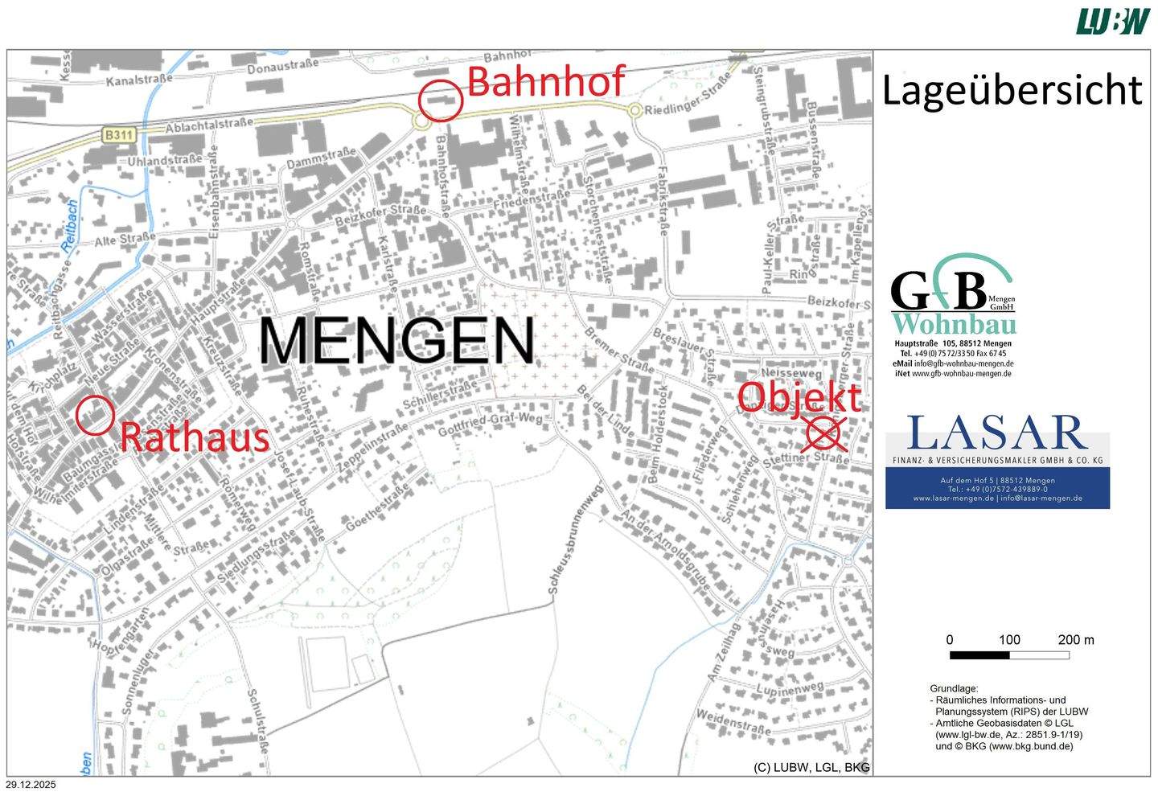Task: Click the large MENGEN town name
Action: [396, 341]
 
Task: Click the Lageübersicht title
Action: [1011, 90]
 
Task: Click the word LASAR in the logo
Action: [996, 433]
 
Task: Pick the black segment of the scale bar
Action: [979, 655]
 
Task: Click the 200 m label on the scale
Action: [1075, 640]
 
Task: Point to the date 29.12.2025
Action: [31, 785]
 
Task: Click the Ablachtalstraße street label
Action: [208, 125]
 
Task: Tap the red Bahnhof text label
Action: [545, 81]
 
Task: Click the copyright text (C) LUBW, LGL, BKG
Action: [811, 767]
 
